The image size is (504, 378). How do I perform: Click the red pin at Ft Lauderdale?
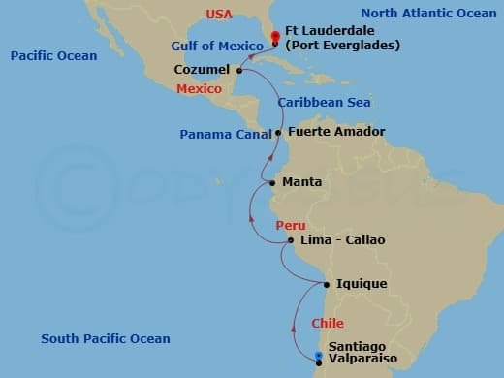[x=275, y=39]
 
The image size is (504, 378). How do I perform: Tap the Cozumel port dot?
[x=238, y=70]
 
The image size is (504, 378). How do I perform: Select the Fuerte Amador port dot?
[x=279, y=132]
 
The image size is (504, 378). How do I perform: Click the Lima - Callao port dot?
[x=291, y=239]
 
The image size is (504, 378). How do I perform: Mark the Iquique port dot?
[x=327, y=284]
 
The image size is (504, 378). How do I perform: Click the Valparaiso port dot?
[x=319, y=362]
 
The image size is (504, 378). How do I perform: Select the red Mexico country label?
[x=200, y=89]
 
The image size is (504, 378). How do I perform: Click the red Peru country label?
[x=291, y=225]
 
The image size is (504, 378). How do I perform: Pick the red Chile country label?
[x=328, y=323]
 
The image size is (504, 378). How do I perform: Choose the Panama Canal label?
[x=224, y=135]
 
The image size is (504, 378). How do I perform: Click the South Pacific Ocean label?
[x=105, y=338]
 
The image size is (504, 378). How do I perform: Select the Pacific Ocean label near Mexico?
[x=53, y=56]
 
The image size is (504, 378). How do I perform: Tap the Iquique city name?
[x=362, y=284]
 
